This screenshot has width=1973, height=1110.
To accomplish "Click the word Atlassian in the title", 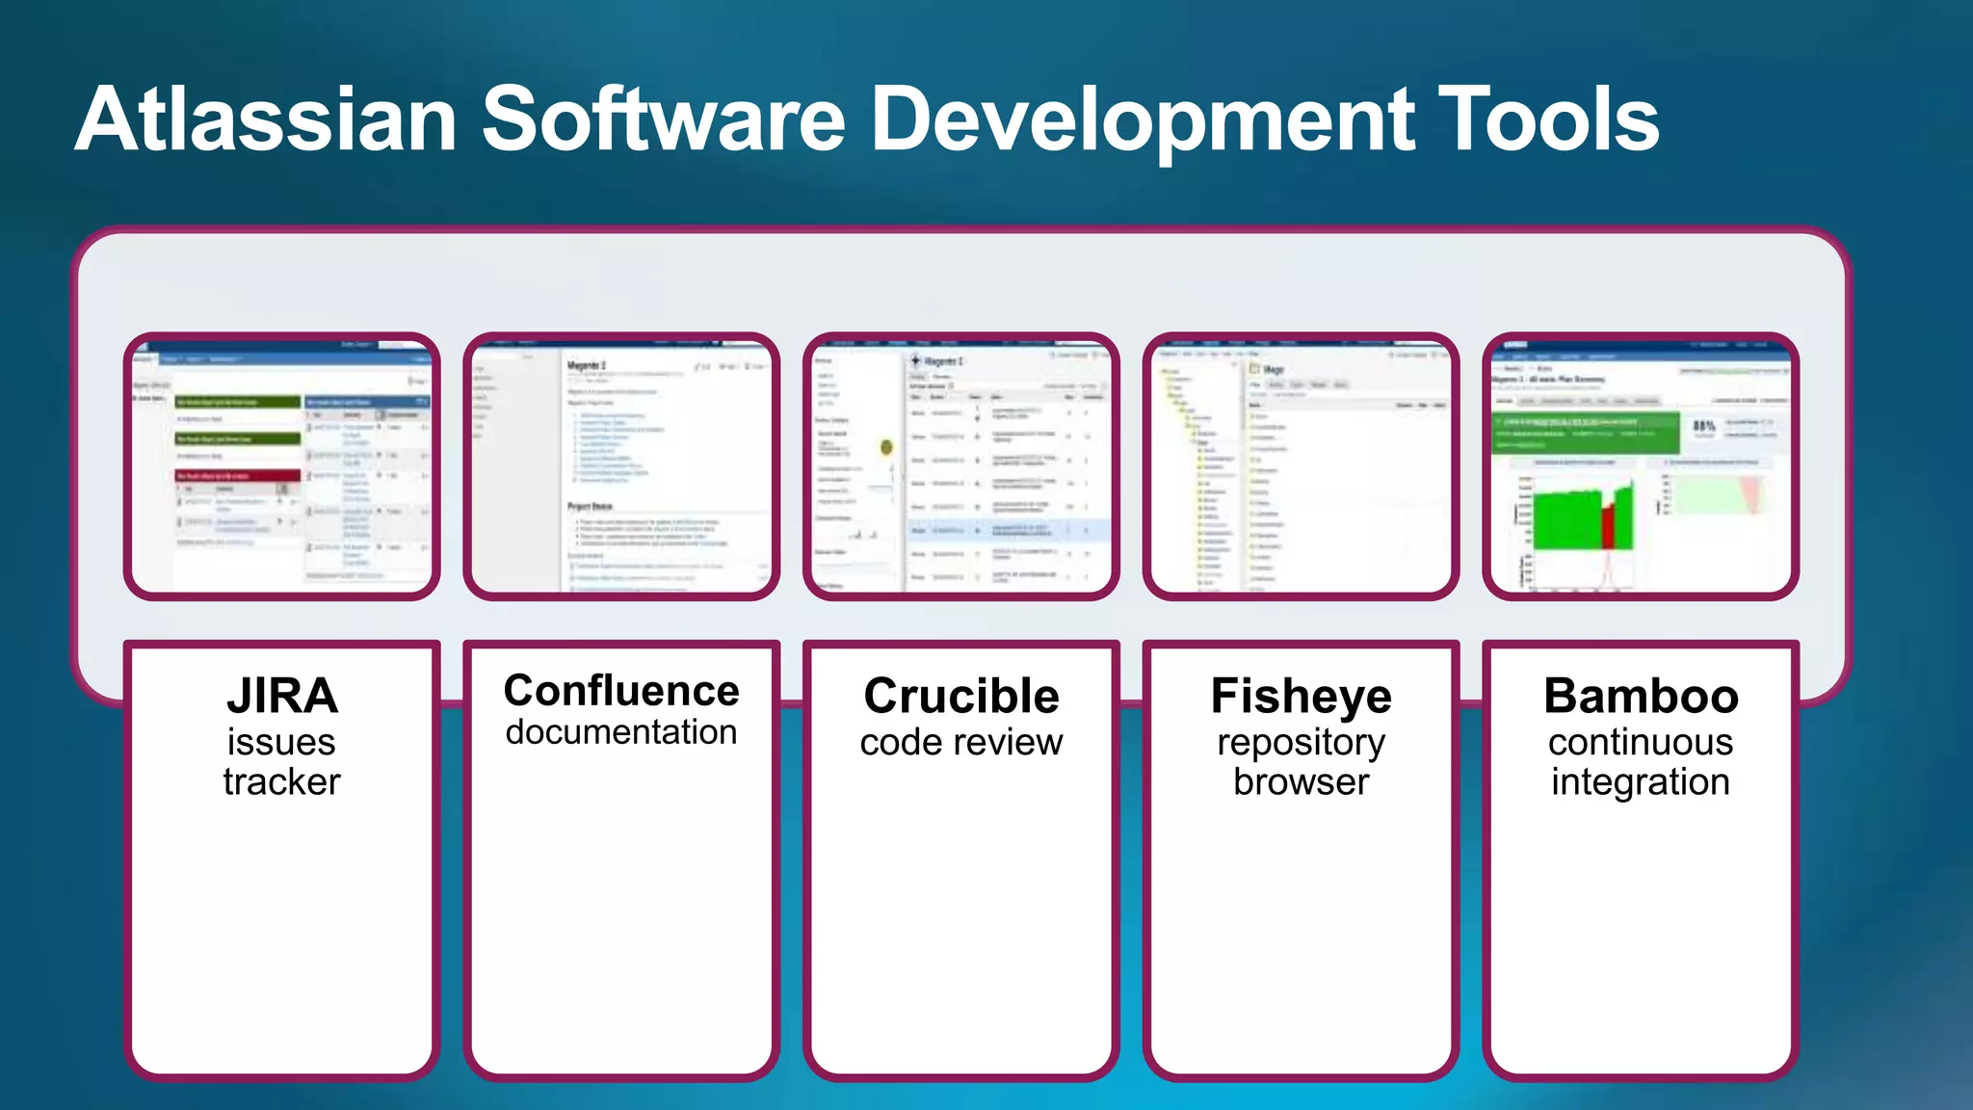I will point(266,119).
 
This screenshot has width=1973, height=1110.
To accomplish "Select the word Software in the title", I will point(664,119).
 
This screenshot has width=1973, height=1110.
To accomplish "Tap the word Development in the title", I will point(1143,119).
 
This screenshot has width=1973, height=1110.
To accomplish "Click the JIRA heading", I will point(282,696).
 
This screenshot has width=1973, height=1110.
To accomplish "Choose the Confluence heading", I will point(621,691).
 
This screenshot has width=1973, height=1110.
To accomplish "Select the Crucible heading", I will point(961,696).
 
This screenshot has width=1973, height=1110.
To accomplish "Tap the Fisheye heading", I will point(1301,696).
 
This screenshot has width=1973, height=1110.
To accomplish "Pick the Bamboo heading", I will point(1641,696).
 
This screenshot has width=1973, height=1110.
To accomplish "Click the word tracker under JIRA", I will point(282,781).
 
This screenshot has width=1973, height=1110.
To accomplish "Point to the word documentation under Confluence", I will point(621,732).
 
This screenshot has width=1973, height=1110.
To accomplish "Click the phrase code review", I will point(961,742).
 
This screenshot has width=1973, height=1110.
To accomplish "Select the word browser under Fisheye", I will point(1301,781).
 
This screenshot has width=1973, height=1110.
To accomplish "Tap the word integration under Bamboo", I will point(1641,781).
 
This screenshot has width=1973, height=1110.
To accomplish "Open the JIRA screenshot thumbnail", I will point(282,466).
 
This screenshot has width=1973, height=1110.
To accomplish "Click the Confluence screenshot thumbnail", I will point(621,466).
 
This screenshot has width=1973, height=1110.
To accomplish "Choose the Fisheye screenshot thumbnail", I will point(1301,466).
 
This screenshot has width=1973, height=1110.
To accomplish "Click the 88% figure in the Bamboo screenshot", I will point(1703,426).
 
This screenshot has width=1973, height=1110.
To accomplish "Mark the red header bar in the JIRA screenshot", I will point(237,476).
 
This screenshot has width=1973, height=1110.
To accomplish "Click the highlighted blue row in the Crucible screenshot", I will point(1008,530).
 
